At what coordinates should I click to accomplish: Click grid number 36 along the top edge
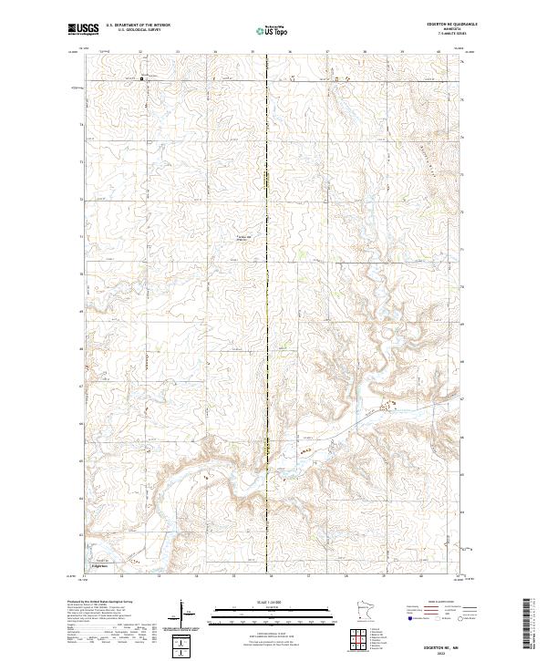[x=289, y=53]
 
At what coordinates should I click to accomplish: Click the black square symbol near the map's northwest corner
[x=142, y=80]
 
